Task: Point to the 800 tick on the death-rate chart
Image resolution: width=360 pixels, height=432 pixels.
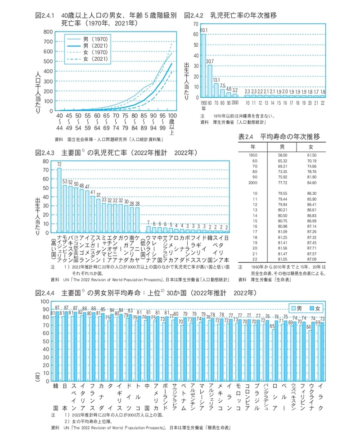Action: point(47,31)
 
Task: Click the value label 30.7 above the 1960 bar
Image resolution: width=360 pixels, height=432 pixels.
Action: point(210,61)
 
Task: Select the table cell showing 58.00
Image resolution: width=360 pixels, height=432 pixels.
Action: point(283,154)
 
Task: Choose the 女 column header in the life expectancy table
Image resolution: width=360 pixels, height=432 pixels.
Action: point(310,147)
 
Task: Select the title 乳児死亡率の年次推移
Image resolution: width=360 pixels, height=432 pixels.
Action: point(243,15)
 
